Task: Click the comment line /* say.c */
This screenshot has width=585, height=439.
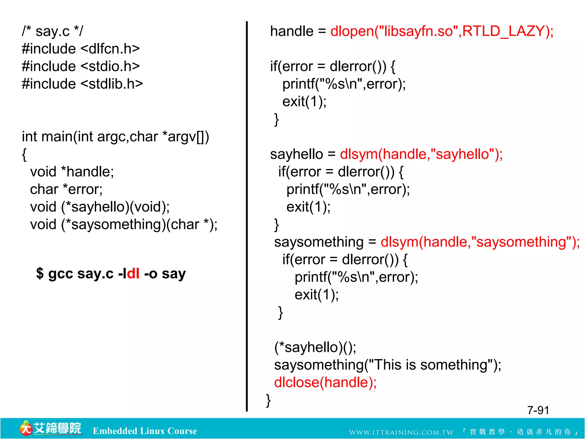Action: pos(52,31)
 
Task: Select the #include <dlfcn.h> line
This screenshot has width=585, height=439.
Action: pos(81,49)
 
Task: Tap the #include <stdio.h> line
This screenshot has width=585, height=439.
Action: pos(81,66)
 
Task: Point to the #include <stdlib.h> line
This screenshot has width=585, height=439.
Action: pos(82,84)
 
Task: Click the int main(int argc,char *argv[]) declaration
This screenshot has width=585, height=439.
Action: pos(115,137)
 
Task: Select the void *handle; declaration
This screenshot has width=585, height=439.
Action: pos(72,172)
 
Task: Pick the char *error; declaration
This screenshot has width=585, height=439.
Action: pos(66,189)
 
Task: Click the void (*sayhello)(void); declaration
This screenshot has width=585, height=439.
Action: pos(100,207)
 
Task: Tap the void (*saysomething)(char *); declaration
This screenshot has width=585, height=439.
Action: pos(124,225)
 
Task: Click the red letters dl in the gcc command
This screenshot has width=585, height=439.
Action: pos(133,274)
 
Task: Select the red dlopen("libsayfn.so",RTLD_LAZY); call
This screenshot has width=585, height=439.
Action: pos(442,31)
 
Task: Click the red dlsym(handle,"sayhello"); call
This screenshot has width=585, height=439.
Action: pos(421,154)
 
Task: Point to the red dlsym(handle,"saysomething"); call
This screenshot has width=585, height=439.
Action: pos(480,242)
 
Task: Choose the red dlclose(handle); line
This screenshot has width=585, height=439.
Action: pos(325,382)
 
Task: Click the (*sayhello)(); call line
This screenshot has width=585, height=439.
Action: pos(315,347)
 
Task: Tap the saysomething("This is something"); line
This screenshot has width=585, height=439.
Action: pos(388,365)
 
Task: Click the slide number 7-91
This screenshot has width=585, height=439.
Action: pos(538,410)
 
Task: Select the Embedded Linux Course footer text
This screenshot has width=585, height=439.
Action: pos(145,431)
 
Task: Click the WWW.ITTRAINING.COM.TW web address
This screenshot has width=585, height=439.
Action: pos(401,432)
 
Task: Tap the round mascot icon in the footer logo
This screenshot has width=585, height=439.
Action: pos(26,428)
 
